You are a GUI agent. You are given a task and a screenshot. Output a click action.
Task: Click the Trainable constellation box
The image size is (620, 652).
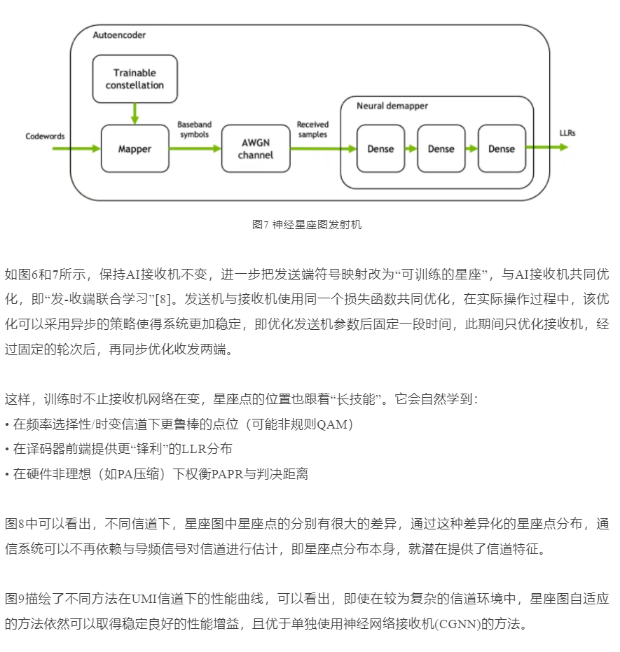tap(135, 78)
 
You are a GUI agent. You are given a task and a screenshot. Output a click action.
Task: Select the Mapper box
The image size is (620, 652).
tap(135, 148)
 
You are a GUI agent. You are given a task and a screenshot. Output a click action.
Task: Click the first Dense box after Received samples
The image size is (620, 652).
tap(380, 148)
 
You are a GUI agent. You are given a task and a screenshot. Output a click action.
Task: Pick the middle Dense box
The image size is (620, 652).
tap(441, 148)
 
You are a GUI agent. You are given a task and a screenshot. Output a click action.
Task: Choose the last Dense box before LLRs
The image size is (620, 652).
tap(502, 148)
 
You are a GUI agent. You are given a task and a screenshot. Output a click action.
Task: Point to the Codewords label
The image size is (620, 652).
tap(45, 136)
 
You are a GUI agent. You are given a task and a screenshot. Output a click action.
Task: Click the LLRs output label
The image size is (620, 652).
tap(567, 132)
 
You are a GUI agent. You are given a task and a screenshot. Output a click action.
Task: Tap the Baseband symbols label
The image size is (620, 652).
tap(194, 129)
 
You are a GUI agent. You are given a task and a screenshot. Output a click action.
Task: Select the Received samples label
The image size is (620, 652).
tap(312, 129)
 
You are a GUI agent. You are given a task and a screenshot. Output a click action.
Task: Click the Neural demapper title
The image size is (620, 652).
tap(392, 106)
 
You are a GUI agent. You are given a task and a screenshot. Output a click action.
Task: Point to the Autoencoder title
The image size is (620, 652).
tap(119, 34)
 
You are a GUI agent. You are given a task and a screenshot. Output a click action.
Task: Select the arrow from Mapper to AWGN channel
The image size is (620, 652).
tap(195, 148)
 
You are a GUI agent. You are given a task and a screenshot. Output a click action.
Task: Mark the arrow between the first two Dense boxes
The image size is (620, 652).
tap(411, 148)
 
